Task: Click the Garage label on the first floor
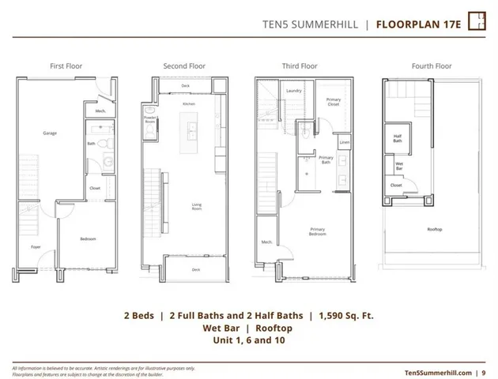pyautogui.click(x=50, y=133)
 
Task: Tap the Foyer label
pyautogui.click(x=36, y=246)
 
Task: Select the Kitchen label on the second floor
pyautogui.click(x=189, y=104)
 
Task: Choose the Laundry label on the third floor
pyautogui.click(x=294, y=91)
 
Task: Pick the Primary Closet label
pyautogui.click(x=334, y=102)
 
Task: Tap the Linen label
pyautogui.click(x=345, y=142)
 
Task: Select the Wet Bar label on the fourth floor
pyautogui.click(x=400, y=166)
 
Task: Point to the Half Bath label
pyautogui.click(x=399, y=137)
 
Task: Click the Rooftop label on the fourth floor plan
pyautogui.click(x=434, y=230)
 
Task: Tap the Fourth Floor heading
pyautogui.click(x=432, y=66)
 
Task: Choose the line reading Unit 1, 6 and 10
pyautogui.click(x=248, y=340)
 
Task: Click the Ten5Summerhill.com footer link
pyautogui.click(x=437, y=371)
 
